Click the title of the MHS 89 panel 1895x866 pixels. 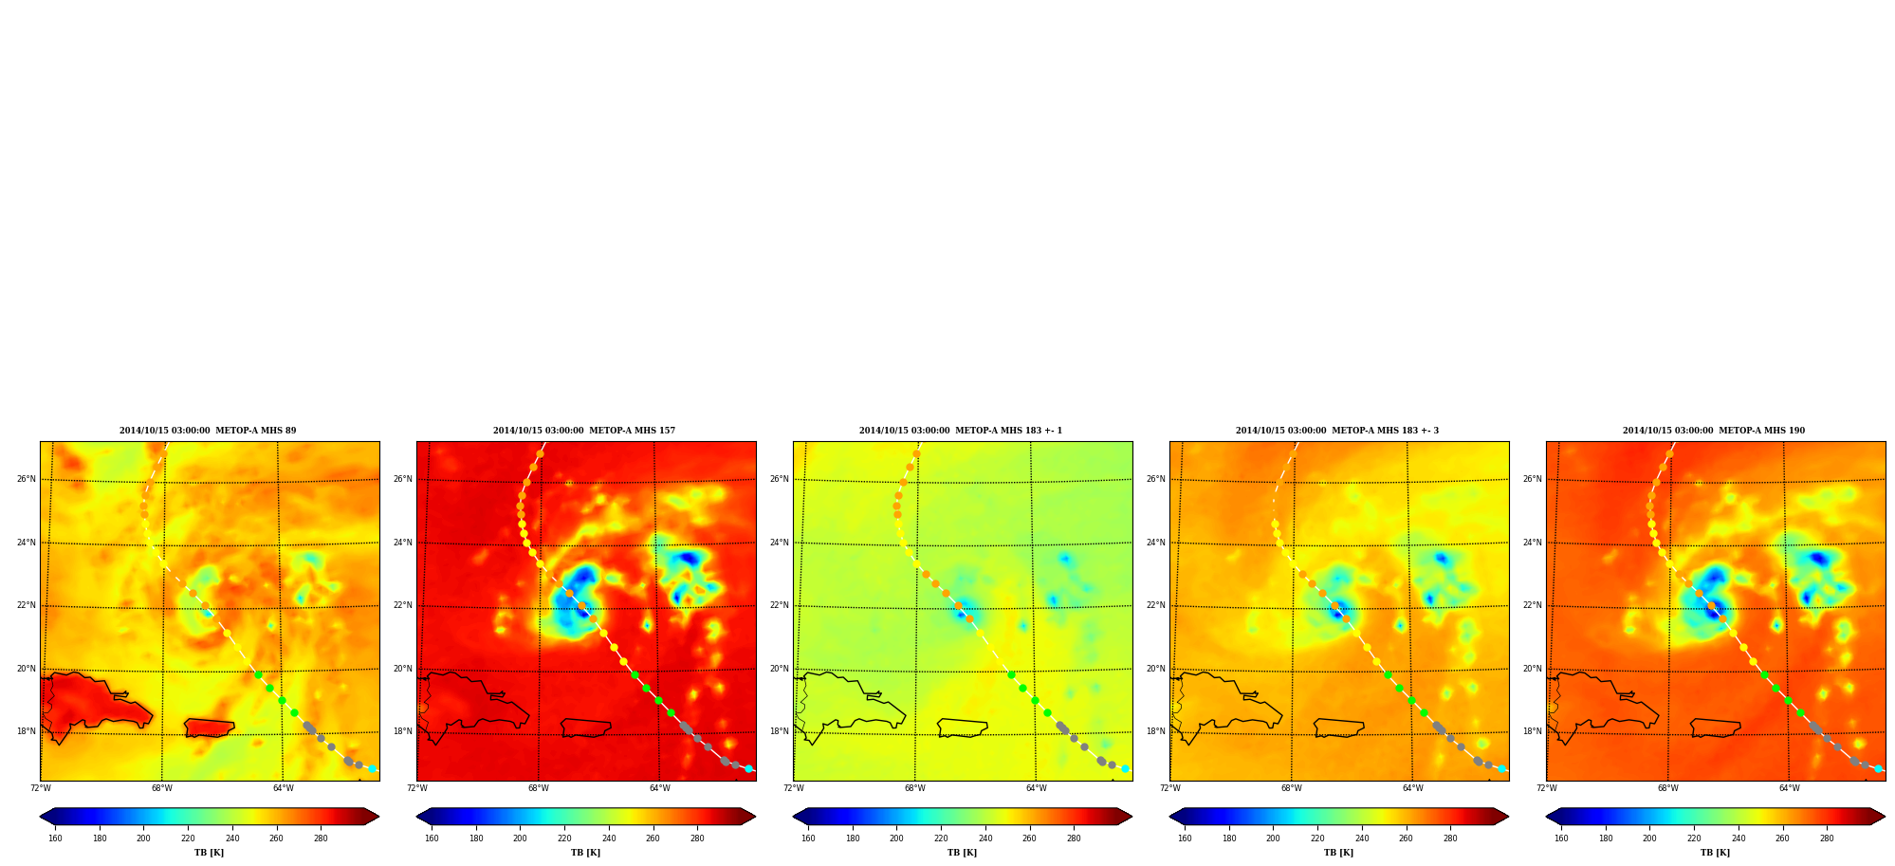(208, 431)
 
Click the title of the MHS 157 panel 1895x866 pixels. (584, 431)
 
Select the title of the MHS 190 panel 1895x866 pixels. (1714, 431)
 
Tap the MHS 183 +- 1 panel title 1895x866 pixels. (961, 431)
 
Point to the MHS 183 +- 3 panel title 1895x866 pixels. (1337, 431)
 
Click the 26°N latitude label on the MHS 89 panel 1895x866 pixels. (26, 479)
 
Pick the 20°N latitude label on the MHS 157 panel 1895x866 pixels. (402, 669)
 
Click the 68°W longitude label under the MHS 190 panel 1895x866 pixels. (1667, 788)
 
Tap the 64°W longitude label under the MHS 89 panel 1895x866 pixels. (283, 788)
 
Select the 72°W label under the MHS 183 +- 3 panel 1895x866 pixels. (1169, 788)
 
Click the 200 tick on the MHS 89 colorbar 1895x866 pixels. (143, 838)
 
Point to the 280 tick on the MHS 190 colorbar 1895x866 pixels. (1827, 838)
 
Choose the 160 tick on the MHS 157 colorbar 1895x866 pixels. (432, 838)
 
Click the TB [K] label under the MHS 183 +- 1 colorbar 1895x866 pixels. (962, 853)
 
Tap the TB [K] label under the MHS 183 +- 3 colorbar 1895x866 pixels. (1338, 853)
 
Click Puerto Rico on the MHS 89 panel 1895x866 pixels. (209, 728)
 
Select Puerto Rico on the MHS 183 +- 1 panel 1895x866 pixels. (962, 728)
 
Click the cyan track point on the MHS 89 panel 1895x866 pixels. (372, 768)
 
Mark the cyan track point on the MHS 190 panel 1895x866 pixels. (1878, 768)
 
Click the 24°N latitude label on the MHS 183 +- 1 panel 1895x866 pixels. (779, 543)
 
